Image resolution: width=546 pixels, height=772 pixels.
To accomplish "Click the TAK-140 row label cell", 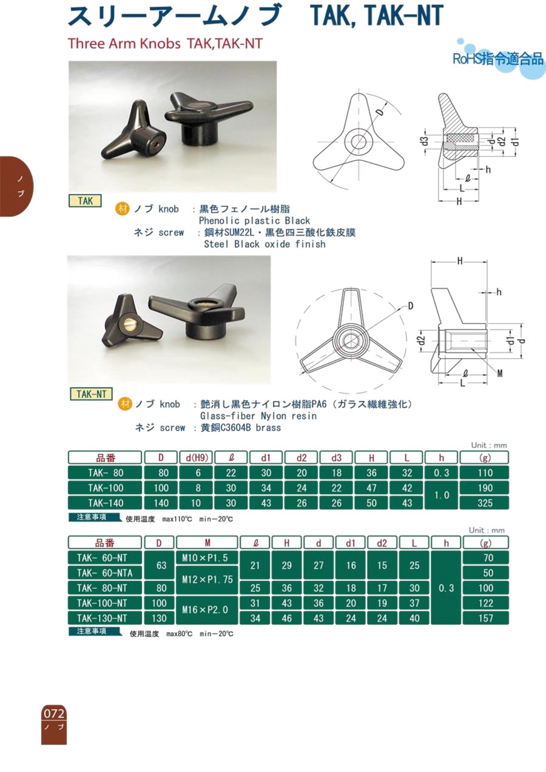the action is (x=105, y=503).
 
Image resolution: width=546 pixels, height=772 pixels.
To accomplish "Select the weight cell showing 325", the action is (x=484, y=503).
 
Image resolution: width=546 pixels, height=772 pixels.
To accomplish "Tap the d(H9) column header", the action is (x=197, y=458).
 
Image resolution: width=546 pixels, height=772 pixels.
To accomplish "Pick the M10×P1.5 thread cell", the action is (x=207, y=557).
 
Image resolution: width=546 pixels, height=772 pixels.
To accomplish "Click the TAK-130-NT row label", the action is (x=105, y=618).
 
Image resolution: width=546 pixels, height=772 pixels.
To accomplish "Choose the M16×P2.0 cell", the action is (x=207, y=611).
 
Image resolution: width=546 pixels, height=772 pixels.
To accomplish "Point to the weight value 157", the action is (x=486, y=618).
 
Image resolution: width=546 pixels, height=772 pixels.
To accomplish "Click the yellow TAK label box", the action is (x=85, y=200).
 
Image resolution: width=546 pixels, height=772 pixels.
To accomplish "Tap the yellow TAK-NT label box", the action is (x=91, y=393).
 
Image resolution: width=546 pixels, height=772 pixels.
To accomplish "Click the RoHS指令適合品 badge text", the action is (x=498, y=59).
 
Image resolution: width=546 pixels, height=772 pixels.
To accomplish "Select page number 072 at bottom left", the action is (x=54, y=713).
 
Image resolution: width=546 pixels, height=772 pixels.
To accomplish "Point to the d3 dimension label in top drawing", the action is (x=425, y=141).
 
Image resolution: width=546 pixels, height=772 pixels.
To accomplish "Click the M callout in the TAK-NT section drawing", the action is (x=499, y=373).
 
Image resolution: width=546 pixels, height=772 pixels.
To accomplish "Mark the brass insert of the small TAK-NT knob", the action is (x=129, y=324).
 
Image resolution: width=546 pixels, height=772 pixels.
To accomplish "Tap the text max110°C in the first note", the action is (x=177, y=519).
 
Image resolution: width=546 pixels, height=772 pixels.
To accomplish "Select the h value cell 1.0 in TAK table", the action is (x=442, y=495).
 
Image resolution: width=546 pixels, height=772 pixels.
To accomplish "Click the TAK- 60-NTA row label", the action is (x=105, y=572).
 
